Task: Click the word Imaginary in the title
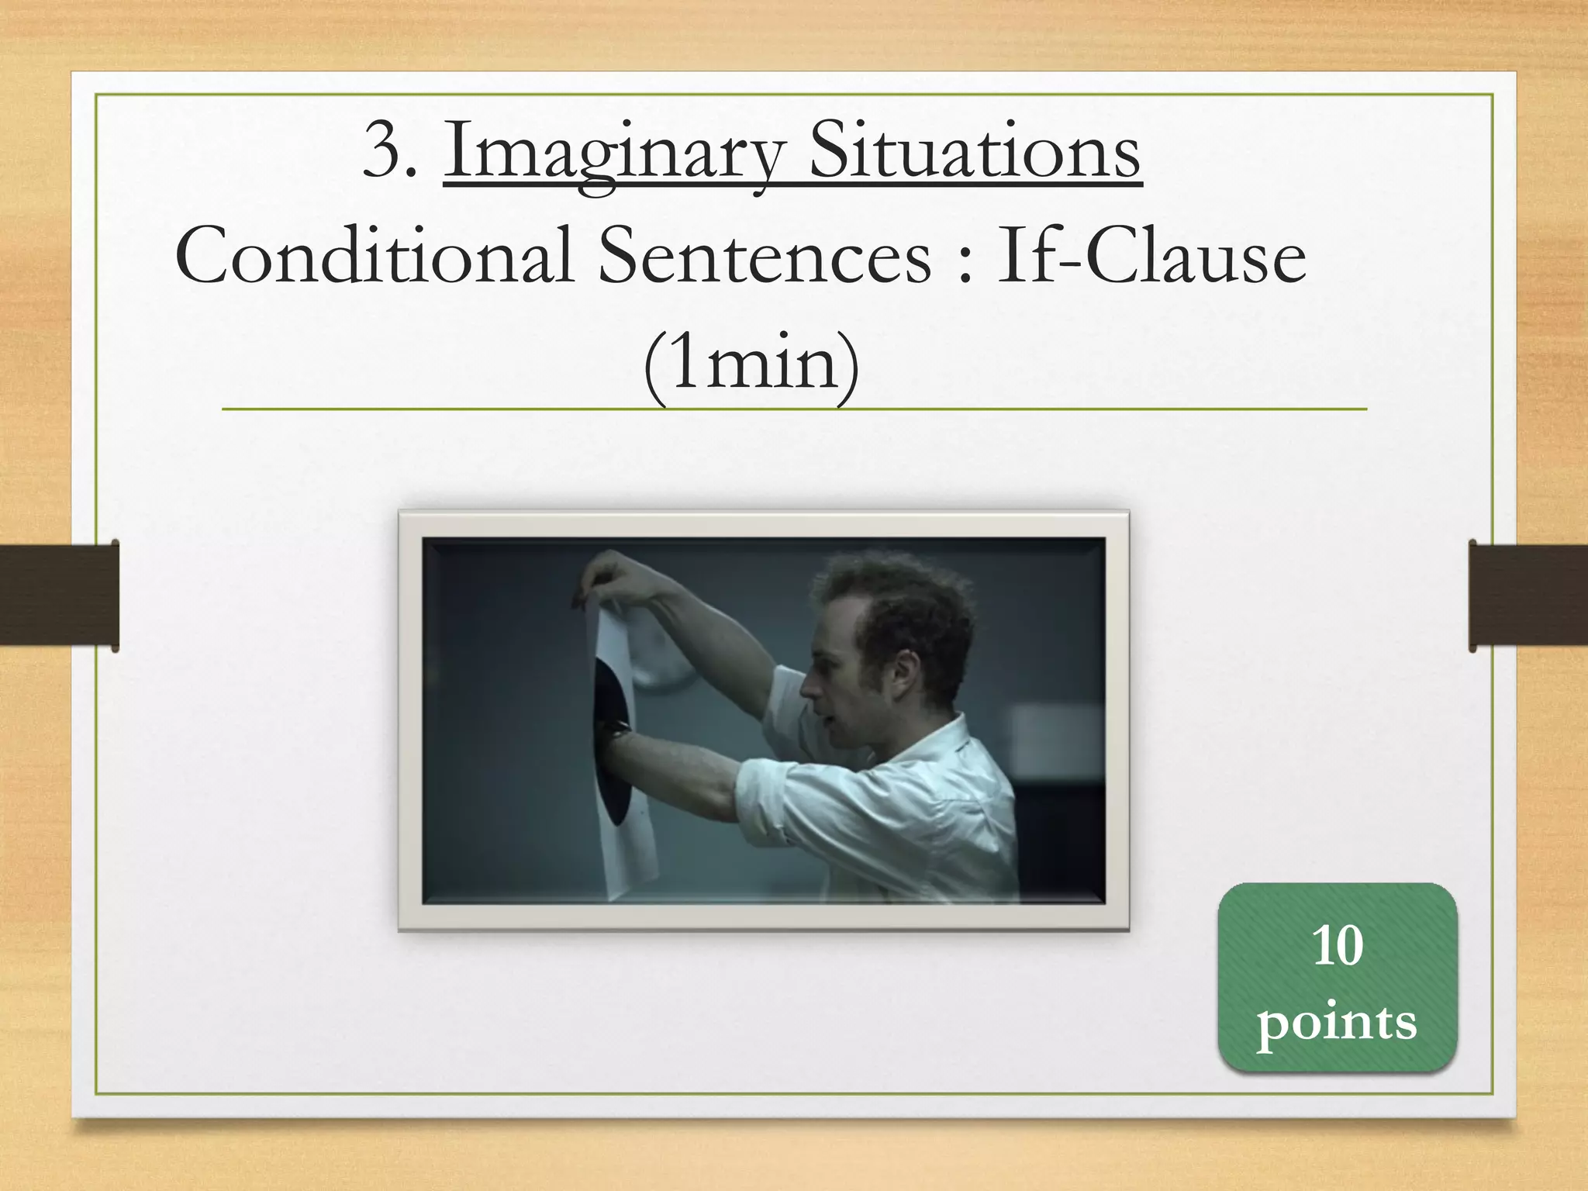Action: point(613,151)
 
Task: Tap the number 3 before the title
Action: point(385,151)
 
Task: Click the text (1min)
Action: point(751,363)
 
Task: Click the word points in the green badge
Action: point(1337,1022)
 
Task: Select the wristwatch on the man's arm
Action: point(618,729)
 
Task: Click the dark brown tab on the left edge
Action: point(59,595)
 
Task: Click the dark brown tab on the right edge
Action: point(1528,595)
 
